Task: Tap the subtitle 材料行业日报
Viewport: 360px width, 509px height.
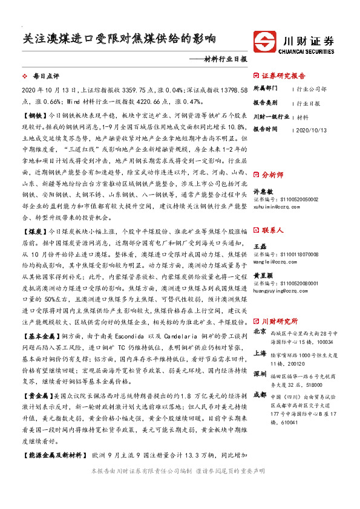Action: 223,59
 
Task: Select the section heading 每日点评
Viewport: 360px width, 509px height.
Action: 47,77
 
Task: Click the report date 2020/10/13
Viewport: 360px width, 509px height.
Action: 311,129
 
